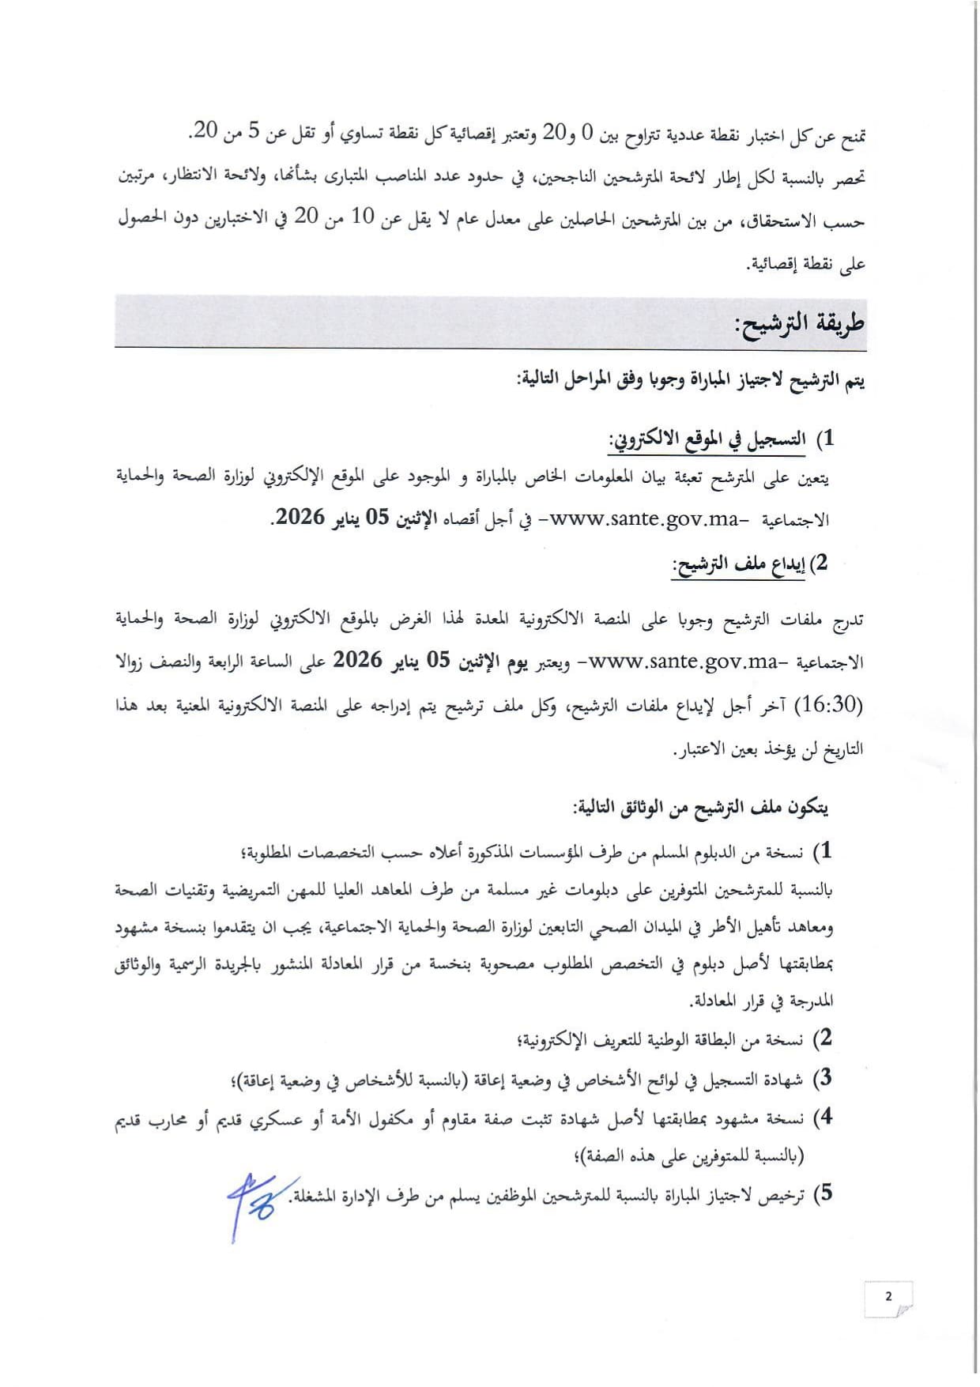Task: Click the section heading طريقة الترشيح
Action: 799,323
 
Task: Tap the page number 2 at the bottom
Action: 888,1296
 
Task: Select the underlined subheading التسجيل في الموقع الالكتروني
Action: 707,440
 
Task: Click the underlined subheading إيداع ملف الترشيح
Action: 738,564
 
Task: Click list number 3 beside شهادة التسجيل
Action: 824,1078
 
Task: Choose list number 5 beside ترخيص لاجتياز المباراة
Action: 824,1194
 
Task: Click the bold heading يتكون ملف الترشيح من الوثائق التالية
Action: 702,808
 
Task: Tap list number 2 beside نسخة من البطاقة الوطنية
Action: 824,1038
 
